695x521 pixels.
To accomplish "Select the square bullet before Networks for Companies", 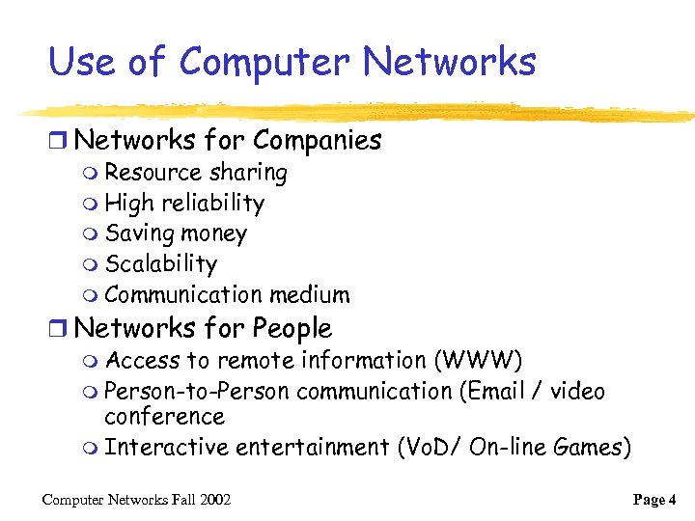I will pos(60,141).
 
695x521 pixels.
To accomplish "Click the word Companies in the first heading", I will pos(318,141).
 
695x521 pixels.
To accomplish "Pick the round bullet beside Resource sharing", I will pos(91,174).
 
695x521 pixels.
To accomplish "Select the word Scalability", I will pos(160,264).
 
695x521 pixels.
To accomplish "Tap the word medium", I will pos(310,295).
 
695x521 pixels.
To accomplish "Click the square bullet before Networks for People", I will pos(60,329).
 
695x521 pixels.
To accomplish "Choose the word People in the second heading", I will pos(292,329).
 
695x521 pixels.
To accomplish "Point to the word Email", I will pos(492,392).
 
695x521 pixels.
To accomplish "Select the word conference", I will pos(164,418).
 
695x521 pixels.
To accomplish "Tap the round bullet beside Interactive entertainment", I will pos(91,449).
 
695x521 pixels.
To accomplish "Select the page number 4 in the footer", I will pos(672,500).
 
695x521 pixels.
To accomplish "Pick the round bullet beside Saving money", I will pos(91,234).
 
